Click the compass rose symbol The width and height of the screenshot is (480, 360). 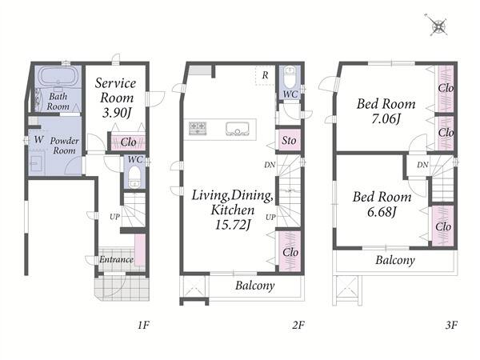point(438,26)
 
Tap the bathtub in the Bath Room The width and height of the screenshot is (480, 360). point(58,76)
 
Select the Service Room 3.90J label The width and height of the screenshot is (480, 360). point(116,98)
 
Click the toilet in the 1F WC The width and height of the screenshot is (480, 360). point(134,178)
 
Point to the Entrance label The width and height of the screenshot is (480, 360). point(116,259)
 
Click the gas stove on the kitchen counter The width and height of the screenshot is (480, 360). point(198,128)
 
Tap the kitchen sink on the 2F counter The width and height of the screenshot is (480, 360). point(238,129)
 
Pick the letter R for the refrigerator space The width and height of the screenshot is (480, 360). point(265,75)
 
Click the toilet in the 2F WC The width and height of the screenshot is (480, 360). point(290,77)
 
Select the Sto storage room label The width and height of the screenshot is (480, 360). point(289,141)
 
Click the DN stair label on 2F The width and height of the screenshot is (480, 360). point(270,165)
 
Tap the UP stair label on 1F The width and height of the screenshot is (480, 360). point(114,217)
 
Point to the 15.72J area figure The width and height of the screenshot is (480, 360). point(233,226)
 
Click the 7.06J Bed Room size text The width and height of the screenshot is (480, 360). point(386,118)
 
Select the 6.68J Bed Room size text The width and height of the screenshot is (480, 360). point(382,212)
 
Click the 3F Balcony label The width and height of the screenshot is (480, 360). point(395,260)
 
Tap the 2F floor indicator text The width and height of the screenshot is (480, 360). point(298,325)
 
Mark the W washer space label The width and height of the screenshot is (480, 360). point(38,140)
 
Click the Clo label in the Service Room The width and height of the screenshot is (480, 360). point(129,142)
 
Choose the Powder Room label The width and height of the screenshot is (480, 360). point(64,146)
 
